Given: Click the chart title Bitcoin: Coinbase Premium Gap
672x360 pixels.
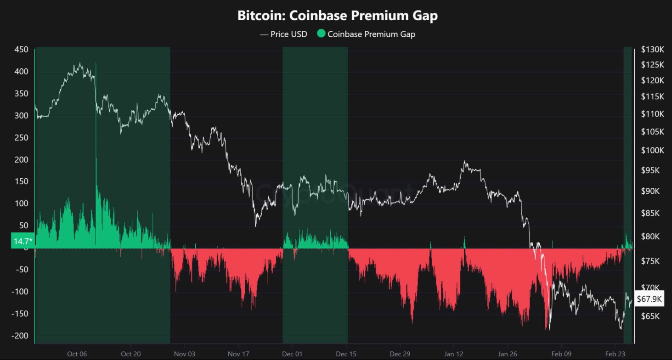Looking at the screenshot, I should (337, 16).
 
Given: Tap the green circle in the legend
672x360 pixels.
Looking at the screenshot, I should (321, 34).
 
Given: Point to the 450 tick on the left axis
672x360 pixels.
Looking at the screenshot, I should (21, 50).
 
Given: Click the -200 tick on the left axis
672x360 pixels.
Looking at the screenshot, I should (19, 336).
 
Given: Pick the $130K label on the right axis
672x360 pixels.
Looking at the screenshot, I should (652, 50).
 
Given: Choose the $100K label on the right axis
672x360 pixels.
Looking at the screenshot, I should (652, 151).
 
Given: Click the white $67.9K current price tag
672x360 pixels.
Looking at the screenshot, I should (649, 299).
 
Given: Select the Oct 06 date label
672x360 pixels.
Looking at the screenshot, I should (77, 354).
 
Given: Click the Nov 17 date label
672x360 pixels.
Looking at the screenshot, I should (238, 354).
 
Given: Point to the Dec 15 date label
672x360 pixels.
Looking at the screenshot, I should (346, 354).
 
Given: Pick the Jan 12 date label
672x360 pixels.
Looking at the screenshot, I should (454, 354).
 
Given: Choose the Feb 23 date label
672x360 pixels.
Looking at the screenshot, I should (616, 354).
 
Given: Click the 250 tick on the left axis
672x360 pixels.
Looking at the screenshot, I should (21, 138).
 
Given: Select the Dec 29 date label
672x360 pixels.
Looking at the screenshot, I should (400, 354).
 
